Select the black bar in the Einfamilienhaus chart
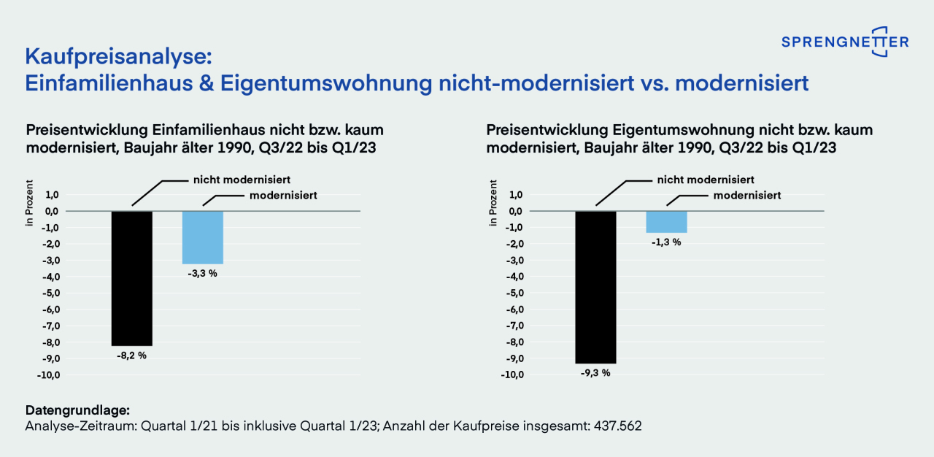pos(132,278)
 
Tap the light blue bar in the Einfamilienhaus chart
pos(202,237)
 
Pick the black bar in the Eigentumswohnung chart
pos(595,287)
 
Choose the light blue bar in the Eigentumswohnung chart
pos(666,222)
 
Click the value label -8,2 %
pos(132,356)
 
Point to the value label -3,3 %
pos(202,274)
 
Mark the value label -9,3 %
pos(595,373)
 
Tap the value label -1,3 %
pos(666,242)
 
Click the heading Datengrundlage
pos(77,410)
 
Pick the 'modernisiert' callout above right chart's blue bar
pos(746,196)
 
